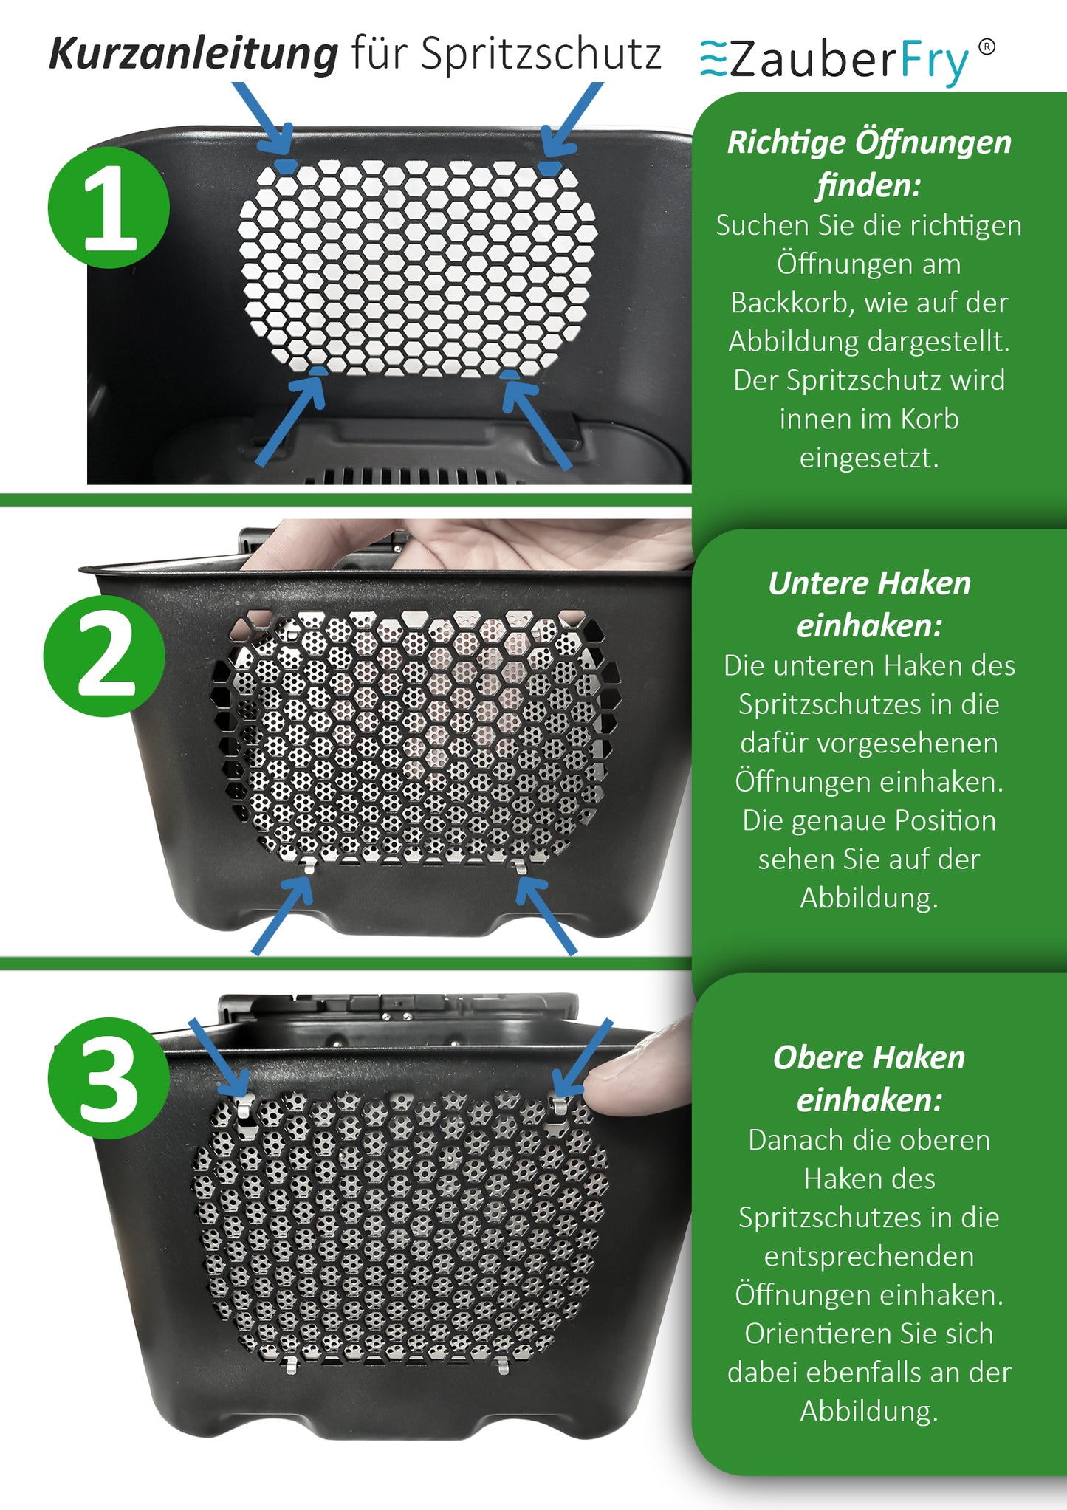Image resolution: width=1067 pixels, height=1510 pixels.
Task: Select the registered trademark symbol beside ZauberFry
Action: [x=987, y=47]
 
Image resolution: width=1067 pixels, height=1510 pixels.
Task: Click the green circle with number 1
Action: [x=109, y=207]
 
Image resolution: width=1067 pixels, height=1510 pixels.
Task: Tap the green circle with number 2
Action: [x=104, y=656]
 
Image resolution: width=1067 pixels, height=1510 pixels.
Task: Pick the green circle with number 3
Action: [x=109, y=1078]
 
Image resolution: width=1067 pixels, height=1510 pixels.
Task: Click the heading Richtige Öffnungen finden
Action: [x=869, y=163]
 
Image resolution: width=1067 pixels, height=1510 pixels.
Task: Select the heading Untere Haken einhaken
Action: [x=869, y=604]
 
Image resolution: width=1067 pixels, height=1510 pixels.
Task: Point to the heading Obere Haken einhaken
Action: [x=869, y=1079]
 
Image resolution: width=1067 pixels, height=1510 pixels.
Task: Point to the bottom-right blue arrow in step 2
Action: [x=546, y=916]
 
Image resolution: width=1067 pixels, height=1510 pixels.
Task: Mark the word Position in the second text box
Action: [x=946, y=820]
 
